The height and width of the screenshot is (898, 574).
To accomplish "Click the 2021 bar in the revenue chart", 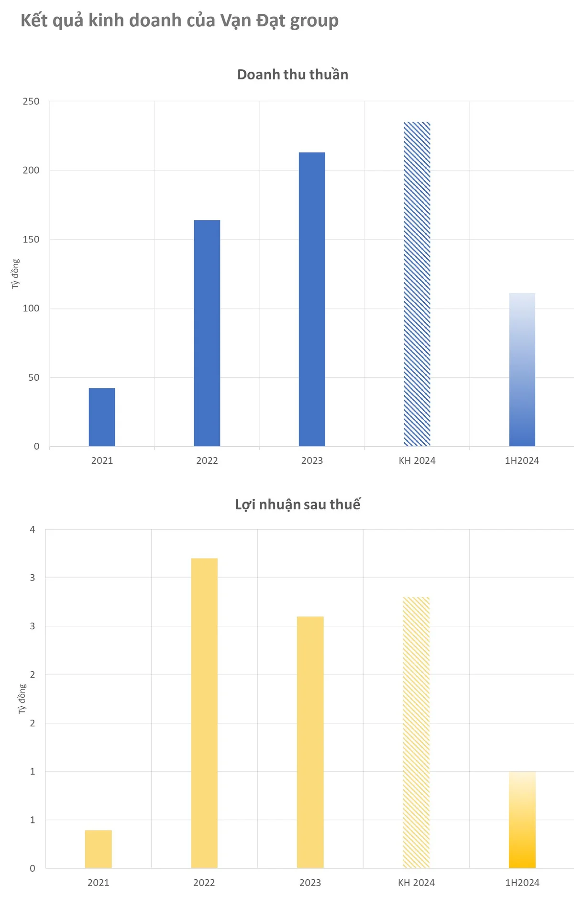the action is click(x=102, y=417).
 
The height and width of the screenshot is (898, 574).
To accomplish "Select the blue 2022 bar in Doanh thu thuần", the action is click(x=207, y=333).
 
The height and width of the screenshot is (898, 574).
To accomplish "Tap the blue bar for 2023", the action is click(x=312, y=299).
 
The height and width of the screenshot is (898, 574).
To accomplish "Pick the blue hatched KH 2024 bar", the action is click(x=417, y=284).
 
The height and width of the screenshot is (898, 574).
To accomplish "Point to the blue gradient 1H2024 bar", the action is click(x=522, y=370).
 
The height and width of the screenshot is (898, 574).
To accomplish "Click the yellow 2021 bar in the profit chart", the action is click(x=99, y=849).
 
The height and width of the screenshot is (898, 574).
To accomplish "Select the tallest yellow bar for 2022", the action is click(x=204, y=713).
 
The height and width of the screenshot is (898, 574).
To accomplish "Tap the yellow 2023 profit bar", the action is click(x=310, y=742).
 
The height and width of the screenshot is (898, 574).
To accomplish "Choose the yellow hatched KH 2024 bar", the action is click(x=416, y=733).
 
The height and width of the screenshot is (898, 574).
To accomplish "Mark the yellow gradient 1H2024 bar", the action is click(x=522, y=820).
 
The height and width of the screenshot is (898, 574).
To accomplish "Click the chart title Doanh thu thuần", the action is click(x=293, y=75).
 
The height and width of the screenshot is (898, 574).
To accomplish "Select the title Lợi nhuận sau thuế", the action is click(x=298, y=504).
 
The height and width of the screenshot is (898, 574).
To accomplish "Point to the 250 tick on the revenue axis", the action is click(x=31, y=101).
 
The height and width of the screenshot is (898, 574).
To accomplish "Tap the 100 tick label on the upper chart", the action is click(x=31, y=308).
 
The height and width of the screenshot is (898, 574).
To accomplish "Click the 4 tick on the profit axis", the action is click(x=33, y=529).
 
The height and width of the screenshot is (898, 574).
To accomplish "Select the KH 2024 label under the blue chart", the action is click(x=417, y=460).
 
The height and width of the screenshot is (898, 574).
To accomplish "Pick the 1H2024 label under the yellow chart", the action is click(x=522, y=883).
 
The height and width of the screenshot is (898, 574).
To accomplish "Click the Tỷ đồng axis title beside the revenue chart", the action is click(x=16, y=274).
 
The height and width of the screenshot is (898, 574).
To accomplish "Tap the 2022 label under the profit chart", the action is click(x=204, y=883).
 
